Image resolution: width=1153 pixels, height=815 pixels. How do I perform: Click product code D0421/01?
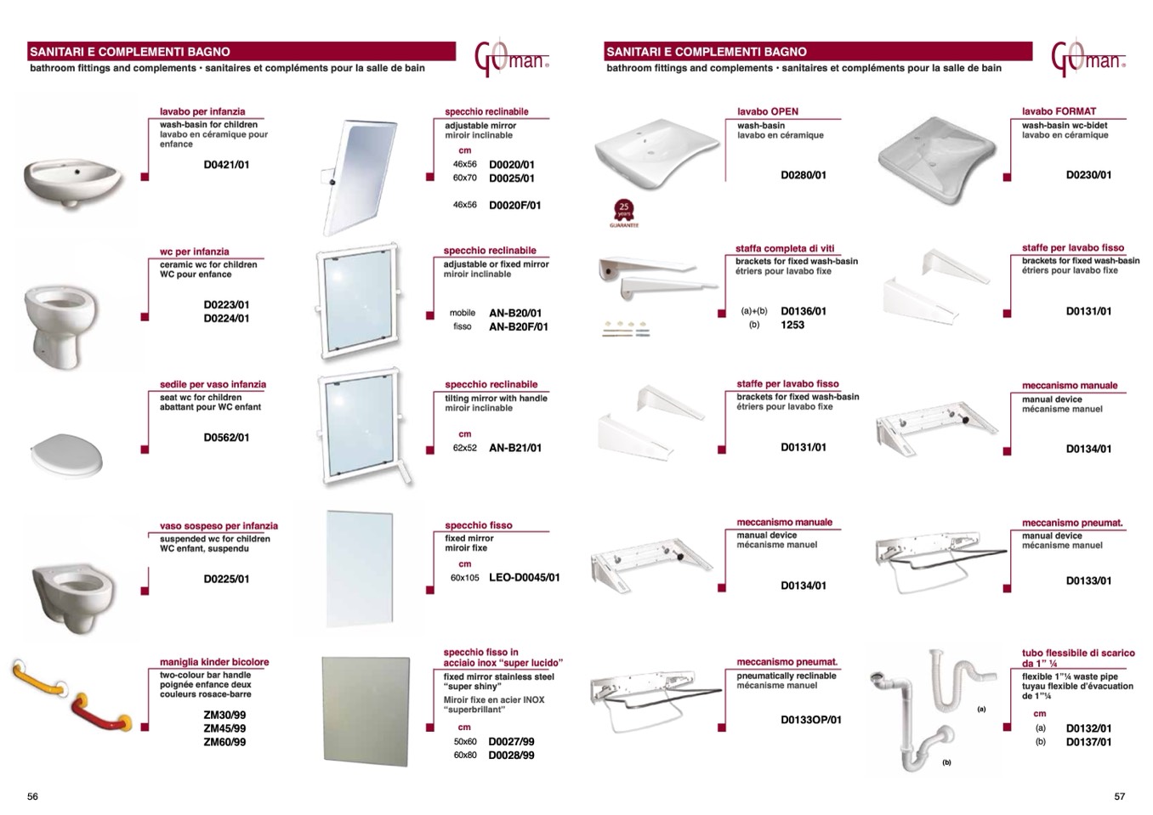(x=226, y=165)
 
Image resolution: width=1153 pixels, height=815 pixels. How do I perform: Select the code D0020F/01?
(x=514, y=206)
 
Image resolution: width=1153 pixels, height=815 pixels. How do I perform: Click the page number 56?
(x=32, y=796)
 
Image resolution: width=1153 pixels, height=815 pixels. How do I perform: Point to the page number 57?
(x=1120, y=796)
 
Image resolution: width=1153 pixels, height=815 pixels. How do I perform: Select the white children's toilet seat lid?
(x=67, y=456)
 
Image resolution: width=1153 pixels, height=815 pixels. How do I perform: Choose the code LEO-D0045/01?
(x=524, y=578)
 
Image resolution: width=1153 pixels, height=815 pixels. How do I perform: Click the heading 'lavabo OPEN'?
(x=768, y=111)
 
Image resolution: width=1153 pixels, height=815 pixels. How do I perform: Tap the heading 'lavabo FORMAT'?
(x=1059, y=111)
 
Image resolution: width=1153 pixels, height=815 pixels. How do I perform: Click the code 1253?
(x=792, y=325)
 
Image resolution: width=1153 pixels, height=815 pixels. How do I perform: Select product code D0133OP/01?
(x=810, y=720)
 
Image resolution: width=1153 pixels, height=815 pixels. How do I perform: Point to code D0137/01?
(x=1088, y=742)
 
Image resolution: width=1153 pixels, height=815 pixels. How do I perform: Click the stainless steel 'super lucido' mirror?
(x=366, y=710)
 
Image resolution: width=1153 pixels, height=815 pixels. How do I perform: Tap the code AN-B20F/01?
(x=519, y=326)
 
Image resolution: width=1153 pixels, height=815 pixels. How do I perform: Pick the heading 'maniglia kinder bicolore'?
(x=214, y=662)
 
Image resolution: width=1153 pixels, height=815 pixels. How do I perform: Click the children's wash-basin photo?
(x=72, y=181)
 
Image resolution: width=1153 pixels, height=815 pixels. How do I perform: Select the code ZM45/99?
(x=225, y=728)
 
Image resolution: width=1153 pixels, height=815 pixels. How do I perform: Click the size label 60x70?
(x=465, y=178)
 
